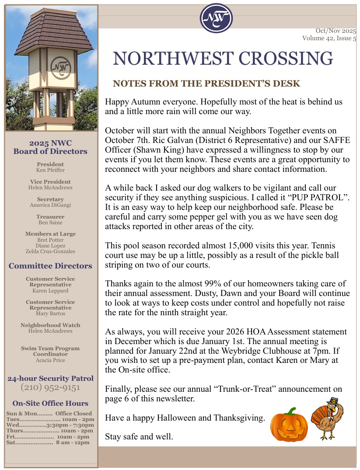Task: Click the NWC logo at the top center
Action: (216, 18)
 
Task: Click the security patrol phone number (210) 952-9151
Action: (50, 387)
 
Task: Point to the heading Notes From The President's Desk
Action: (206, 84)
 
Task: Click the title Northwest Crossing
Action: (223, 59)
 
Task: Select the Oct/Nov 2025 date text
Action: (336, 31)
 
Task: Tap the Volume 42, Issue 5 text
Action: (329, 38)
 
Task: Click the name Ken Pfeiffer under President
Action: (50, 170)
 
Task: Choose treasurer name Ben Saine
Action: (50, 223)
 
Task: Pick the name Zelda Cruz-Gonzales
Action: (50, 251)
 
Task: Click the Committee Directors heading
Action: (50, 266)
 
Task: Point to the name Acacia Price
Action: (50, 360)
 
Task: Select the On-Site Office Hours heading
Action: (50, 404)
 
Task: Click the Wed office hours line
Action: (50, 425)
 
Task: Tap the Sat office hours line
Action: (48, 442)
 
